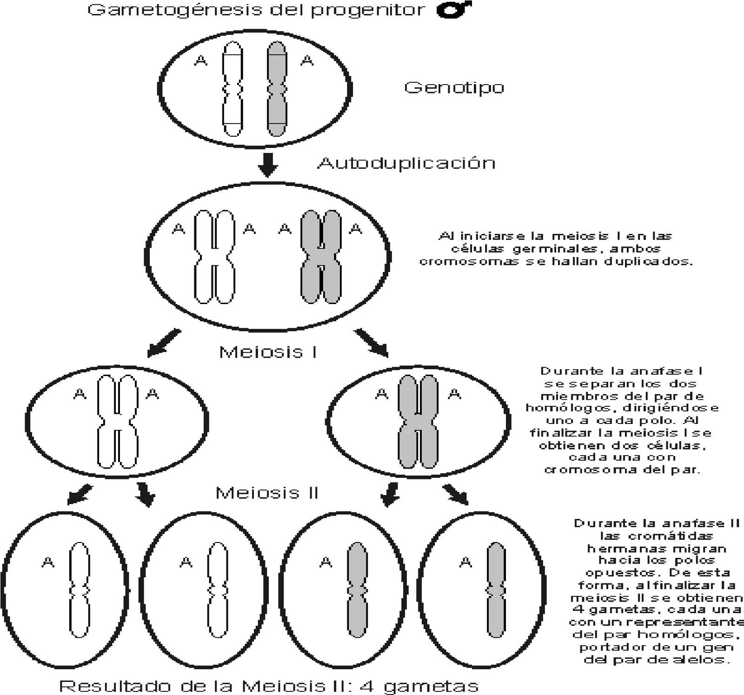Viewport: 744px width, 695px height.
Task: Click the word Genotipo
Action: pyautogui.click(x=454, y=87)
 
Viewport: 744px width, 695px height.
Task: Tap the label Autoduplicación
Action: pyautogui.click(x=406, y=163)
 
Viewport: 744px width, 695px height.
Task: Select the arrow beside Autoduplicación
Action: pyautogui.click(x=267, y=164)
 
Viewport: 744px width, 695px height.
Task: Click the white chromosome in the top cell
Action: pyautogui.click(x=232, y=88)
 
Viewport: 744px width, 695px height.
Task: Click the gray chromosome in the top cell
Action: pyautogui.click(x=277, y=88)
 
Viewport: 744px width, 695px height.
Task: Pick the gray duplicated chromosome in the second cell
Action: pyautogui.click(x=321, y=257)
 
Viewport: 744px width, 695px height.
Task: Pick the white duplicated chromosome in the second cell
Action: pyautogui.click(x=214, y=257)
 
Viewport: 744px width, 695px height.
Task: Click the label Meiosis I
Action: pyautogui.click(x=268, y=352)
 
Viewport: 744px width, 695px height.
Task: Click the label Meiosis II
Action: pyautogui.click(x=267, y=493)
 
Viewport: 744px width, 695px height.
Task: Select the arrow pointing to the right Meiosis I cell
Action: pyautogui.click(x=372, y=343)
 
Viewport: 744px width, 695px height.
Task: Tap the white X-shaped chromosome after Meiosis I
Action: pyautogui.click(x=118, y=421)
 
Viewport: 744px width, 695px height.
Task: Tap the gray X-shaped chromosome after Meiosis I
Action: pyautogui.click(x=418, y=421)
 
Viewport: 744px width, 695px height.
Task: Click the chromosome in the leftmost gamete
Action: pyautogui.click(x=80, y=589)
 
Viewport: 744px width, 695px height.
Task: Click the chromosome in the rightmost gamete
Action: pyautogui.click(x=496, y=589)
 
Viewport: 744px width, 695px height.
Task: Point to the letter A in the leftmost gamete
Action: pyautogui.click(x=48, y=563)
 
